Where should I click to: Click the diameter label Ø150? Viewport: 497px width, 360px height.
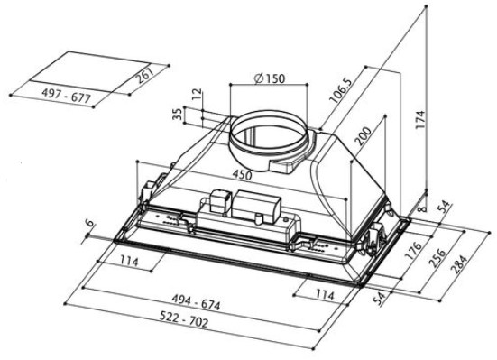pyautogui.click(x=270, y=78)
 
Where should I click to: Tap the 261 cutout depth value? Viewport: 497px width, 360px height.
pyautogui.click(x=145, y=75)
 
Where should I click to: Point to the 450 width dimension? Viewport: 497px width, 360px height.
pyautogui.click(x=242, y=175)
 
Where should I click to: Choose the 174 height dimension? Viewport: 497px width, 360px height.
pyautogui.click(x=419, y=119)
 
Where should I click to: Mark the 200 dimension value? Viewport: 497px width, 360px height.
pyautogui.click(x=363, y=136)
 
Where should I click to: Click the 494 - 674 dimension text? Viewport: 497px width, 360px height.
pyautogui.click(x=196, y=302)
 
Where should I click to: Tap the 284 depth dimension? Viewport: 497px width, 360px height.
pyautogui.click(x=459, y=264)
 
